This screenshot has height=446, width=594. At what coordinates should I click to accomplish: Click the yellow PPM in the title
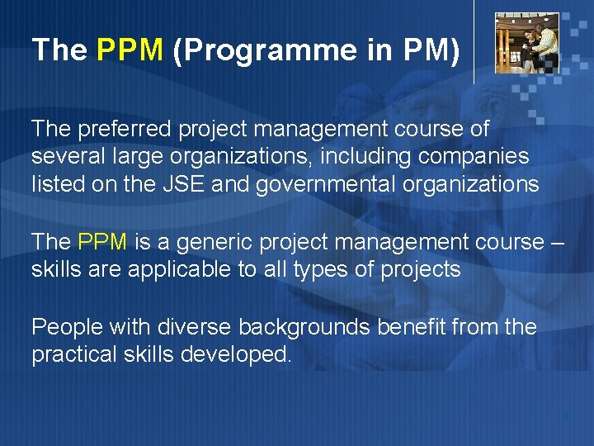click(130, 50)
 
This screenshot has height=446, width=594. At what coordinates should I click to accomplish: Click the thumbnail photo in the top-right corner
click(526, 43)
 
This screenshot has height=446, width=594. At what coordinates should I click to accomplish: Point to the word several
click(63, 157)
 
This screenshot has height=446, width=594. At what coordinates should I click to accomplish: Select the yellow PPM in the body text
click(102, 242)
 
